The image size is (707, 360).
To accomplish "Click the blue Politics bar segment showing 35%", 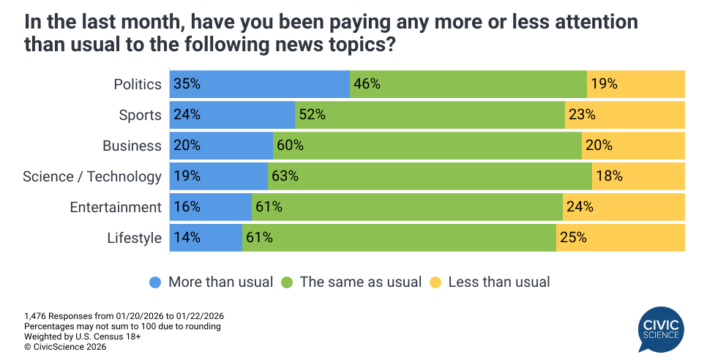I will click(259, 83).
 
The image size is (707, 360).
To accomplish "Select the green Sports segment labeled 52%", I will click(430, 115).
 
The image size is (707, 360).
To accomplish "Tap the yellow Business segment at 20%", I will click(633, 146).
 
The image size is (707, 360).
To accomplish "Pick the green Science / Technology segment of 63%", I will click(430, 176).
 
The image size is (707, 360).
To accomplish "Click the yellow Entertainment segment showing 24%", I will click(624, 207).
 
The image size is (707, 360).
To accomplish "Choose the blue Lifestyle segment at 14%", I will click(206, 238).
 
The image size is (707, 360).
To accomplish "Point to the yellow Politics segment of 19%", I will click(636, 83).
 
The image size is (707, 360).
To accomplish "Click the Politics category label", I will click(138, 84).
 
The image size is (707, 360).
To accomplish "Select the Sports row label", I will click(140, 115).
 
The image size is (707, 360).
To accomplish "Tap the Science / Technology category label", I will click(92, 176).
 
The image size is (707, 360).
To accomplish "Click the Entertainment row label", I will click(116, 207).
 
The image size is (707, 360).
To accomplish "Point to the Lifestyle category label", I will click(134, 238).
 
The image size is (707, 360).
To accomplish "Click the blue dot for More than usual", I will click(155, 282).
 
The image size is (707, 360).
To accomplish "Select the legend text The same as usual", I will click(361, 282).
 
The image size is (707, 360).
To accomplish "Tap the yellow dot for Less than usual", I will click(435, 282).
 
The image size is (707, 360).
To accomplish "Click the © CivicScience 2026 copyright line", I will click(65, 347).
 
